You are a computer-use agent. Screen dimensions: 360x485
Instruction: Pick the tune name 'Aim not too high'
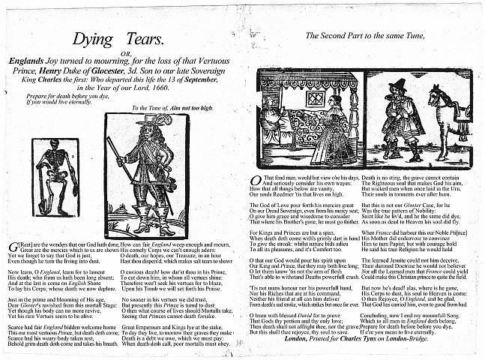coord(193,108)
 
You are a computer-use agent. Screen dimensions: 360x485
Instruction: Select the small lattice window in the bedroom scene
coord(315,98)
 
